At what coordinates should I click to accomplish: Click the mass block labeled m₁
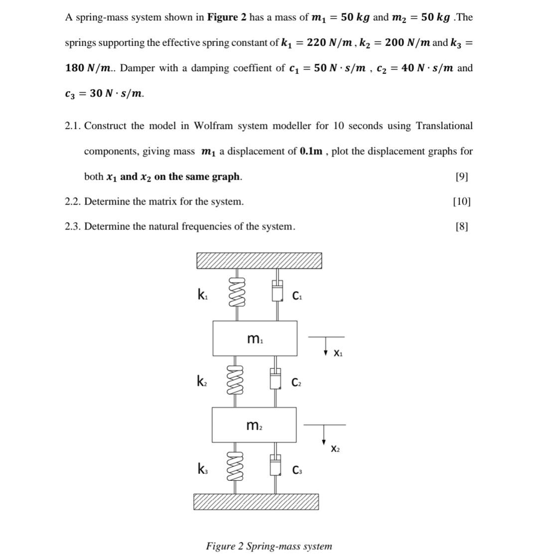255,338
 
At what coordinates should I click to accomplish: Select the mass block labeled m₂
254,425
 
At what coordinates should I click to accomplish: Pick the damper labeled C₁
277,291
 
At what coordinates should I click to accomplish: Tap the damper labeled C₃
275,467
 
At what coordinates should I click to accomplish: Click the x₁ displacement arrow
325,345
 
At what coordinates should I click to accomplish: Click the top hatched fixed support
259,260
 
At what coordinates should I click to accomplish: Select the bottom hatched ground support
256,501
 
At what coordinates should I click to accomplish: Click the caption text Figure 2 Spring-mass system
269,546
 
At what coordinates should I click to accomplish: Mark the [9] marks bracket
462,177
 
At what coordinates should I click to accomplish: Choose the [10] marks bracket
461,202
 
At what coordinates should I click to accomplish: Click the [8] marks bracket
462,226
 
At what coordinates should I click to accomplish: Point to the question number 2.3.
73,226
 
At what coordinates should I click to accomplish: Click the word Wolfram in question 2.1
200,126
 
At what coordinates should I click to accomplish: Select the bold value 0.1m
311,151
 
